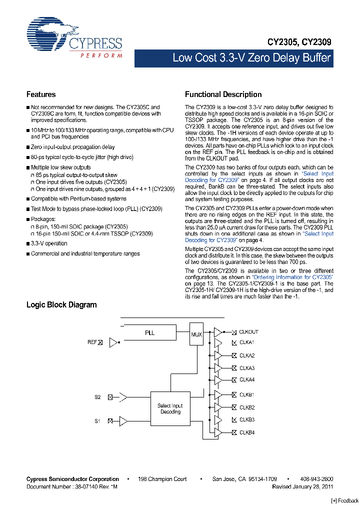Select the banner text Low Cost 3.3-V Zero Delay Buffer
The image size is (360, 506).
(251, 58)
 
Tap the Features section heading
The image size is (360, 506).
(41, 94)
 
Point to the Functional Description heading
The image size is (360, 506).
(223, 94)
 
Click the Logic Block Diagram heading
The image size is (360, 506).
(61, 304)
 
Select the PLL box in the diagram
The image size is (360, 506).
(150, 333)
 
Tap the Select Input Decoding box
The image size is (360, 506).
(170, 409)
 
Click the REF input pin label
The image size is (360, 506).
(92, 342)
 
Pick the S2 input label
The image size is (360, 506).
(98, 397)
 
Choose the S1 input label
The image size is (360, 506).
(98, 421)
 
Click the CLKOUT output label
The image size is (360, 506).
(248, 332)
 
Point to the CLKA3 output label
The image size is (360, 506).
(247, 368)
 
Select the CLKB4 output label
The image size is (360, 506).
(247, 432)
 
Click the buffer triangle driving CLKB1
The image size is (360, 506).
(218, 395)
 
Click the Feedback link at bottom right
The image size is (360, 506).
(345, 500)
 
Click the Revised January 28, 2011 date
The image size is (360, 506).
(302, 486)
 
